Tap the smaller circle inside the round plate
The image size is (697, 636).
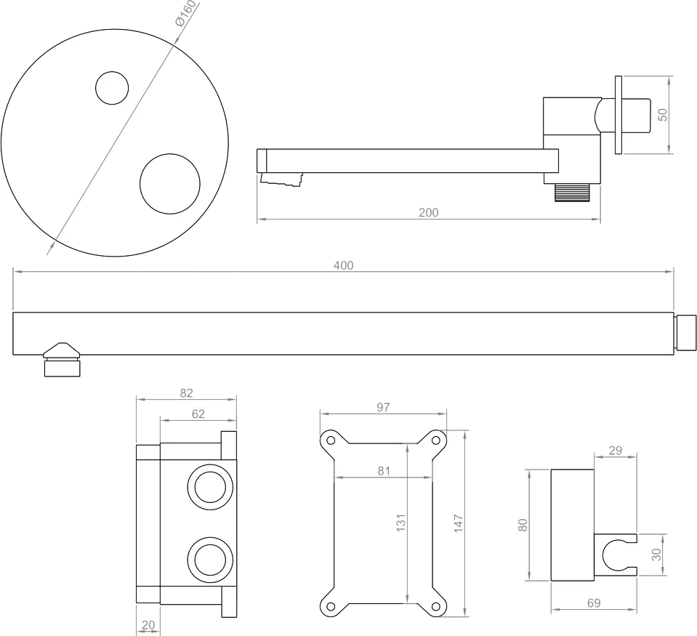click(x=112, y=88)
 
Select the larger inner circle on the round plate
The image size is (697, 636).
click(x=170, y=183)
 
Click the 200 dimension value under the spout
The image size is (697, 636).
click(x=428, y=212)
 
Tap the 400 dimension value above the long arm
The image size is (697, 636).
click(x=343, y=265)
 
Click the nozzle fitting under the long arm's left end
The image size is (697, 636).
click(x=62, y=361)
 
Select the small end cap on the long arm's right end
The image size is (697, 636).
click(x=686, y=333)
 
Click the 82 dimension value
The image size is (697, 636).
click(x=186, y=393)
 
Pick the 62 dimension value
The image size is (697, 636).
click(x=198, y=414)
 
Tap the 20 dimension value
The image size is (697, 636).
click(x=148, y=624)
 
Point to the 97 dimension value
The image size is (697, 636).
click(x=383, y=408)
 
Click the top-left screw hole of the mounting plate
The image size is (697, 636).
click(x=331, y=440)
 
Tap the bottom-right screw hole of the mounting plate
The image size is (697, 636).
click(x=437, y=607)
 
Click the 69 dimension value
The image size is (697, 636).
click(x=594, y=603)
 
